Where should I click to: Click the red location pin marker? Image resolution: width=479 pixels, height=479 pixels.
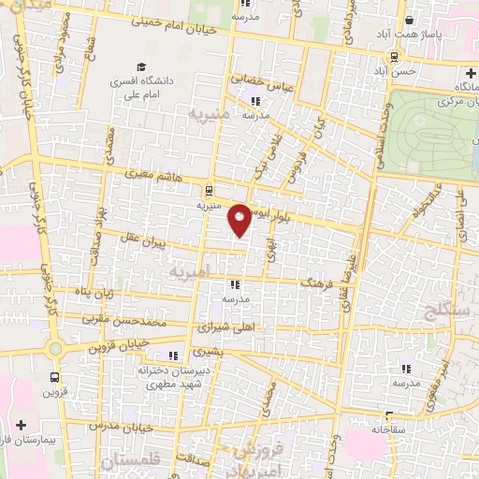pos(240,219)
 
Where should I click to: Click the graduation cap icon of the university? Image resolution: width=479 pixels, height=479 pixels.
pos(140,67)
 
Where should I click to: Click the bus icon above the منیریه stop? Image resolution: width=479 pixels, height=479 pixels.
pos(208,188)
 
